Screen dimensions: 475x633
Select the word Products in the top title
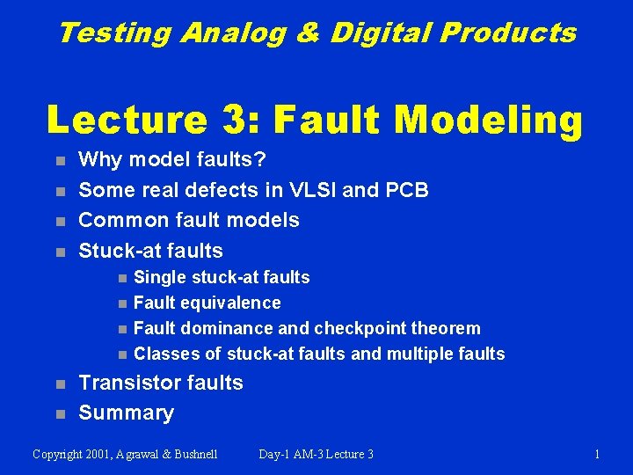click(x=508, y=33)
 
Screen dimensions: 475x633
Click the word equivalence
click(x=230, y=303)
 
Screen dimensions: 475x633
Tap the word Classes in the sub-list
click(x=166, y=354)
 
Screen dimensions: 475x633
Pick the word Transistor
click(x=128, y=383)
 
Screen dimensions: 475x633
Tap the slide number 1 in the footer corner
click(x=597, y=455)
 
